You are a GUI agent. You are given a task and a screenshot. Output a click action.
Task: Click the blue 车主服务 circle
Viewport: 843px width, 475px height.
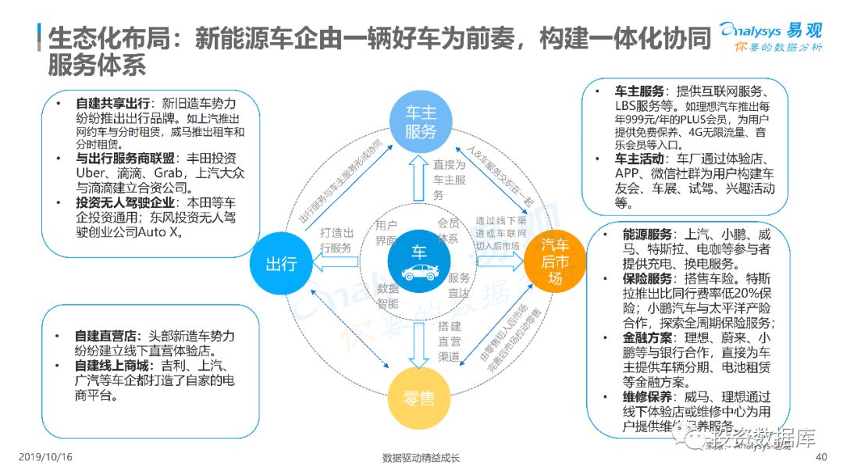(420, 123)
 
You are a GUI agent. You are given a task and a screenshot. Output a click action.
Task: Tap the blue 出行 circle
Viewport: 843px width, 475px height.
(281, 263)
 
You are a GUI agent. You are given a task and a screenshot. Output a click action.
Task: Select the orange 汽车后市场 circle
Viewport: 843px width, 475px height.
(555, 260)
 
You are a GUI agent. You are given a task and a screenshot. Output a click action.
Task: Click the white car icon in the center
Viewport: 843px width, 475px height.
(420, 272)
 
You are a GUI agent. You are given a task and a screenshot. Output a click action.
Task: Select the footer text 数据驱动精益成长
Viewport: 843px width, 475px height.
(421, 458)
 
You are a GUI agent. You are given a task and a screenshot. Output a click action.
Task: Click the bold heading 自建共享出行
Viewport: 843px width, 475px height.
(114, 103)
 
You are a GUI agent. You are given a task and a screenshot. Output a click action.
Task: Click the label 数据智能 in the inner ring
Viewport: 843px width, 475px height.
(388, 295)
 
